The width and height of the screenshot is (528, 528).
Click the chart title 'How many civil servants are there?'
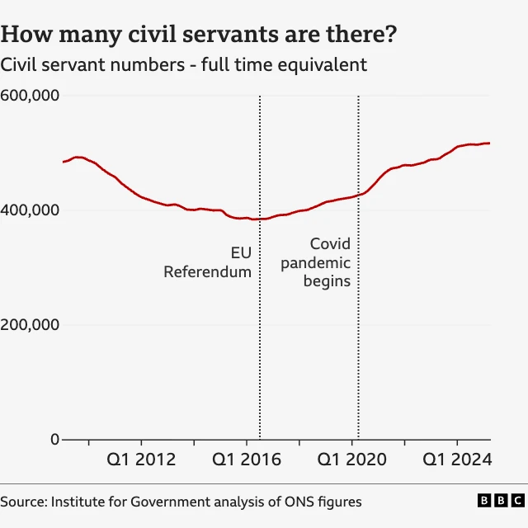tap(198, 35)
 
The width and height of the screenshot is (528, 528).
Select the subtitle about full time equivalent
tap(184, 64)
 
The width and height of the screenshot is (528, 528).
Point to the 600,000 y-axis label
tap(30, 96)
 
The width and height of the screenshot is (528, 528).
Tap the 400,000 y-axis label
tap(30, 210)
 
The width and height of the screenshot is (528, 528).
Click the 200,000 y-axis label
tap(30, 325)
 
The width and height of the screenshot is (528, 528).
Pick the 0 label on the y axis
tap(54, 440)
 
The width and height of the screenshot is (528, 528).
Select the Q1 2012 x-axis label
tap(142, 460)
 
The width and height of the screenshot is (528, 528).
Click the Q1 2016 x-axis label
tap(247, 460)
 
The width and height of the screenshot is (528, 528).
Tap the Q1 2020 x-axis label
tap(352, 460)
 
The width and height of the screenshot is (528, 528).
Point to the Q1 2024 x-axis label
tap(457, 460)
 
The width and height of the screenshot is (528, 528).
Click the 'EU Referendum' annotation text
tap(208, 262)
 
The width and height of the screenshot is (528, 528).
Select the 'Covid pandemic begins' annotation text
tap(316, 262)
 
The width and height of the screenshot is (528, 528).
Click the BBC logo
tap(500, 501)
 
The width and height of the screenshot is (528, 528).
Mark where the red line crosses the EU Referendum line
tap(260, 219)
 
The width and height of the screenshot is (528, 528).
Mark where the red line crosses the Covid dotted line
tap(358, 195)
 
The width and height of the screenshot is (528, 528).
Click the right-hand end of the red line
tap(489, 144)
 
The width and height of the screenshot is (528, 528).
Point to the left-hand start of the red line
tap(64, 162)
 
